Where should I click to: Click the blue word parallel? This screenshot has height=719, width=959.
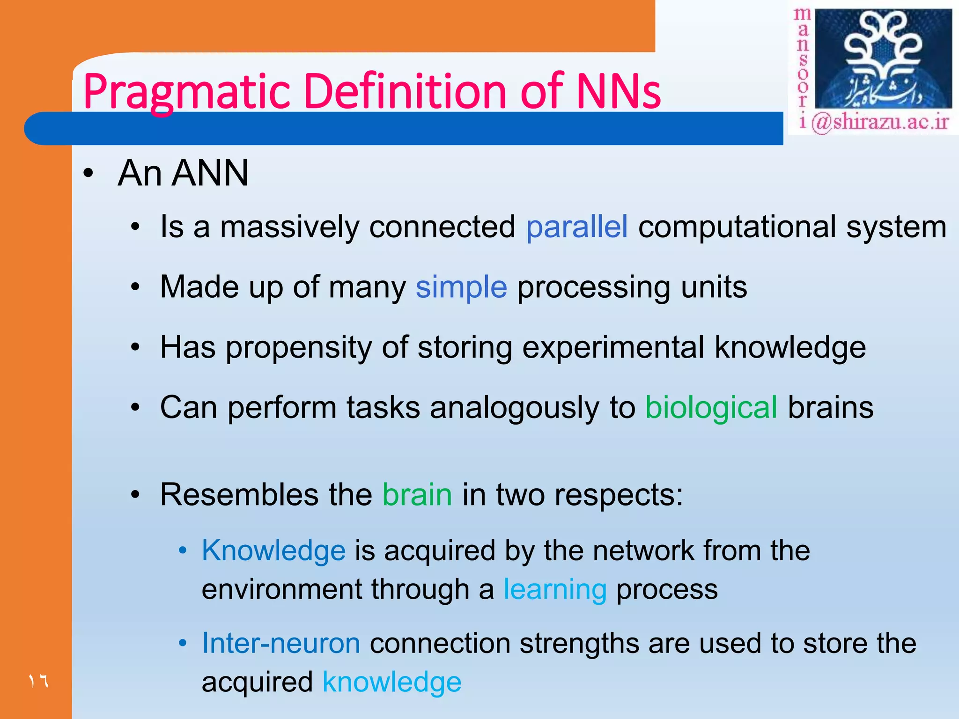tap(576, 227)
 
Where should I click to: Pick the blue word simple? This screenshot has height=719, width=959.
tap(461, 287)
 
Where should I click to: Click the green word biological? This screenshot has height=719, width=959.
tap(711, 407)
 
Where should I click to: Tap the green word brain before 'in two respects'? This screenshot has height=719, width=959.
tap(417, 495)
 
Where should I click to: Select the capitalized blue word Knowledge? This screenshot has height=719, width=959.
tap(273, 550)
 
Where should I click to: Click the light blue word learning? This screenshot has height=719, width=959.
tap(555, 589)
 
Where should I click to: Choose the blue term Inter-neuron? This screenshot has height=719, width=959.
tap(281, 643)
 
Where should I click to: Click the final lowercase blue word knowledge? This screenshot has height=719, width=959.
tap(392, 682)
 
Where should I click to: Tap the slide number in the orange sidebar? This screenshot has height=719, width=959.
tap(38, 681)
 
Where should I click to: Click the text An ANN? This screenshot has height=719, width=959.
tap(183, 173)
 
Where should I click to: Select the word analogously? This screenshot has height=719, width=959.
tap(514, 407)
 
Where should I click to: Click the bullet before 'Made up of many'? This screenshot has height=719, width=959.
tap(135, 287)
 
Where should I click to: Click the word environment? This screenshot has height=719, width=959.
tap(282, 589)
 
